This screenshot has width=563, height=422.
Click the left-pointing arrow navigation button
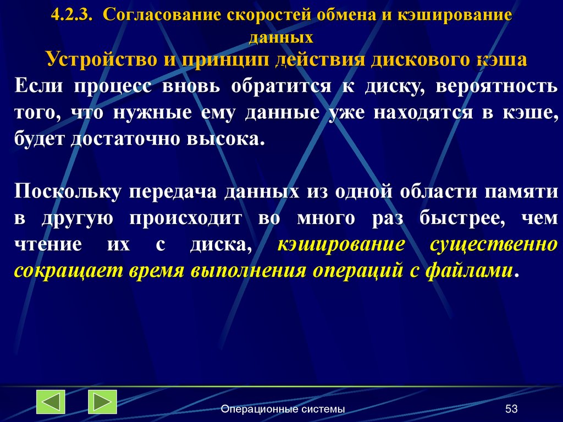point(51,402)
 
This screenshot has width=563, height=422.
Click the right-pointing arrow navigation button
point(102,402)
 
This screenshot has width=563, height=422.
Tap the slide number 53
point(511,409)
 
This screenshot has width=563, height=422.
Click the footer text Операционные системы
point(283,409)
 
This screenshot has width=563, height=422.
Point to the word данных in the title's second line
point(281,37)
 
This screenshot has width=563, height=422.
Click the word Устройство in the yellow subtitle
point(100,59)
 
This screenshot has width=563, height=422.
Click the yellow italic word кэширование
point(341,244)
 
